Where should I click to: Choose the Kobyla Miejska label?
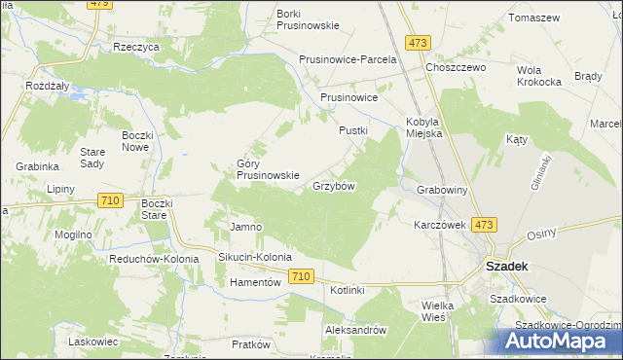tap(423, 127)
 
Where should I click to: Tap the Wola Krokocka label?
tap(542, 77)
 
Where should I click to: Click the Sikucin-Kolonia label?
tap(255, 258)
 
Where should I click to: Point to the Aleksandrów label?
tap(356, 330)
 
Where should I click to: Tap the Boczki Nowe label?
tap(135, 141)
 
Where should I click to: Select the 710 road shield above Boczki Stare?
tap(110, 199)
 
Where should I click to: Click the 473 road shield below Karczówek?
tap(484, 225)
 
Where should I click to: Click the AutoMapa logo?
tap(559, 341)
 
